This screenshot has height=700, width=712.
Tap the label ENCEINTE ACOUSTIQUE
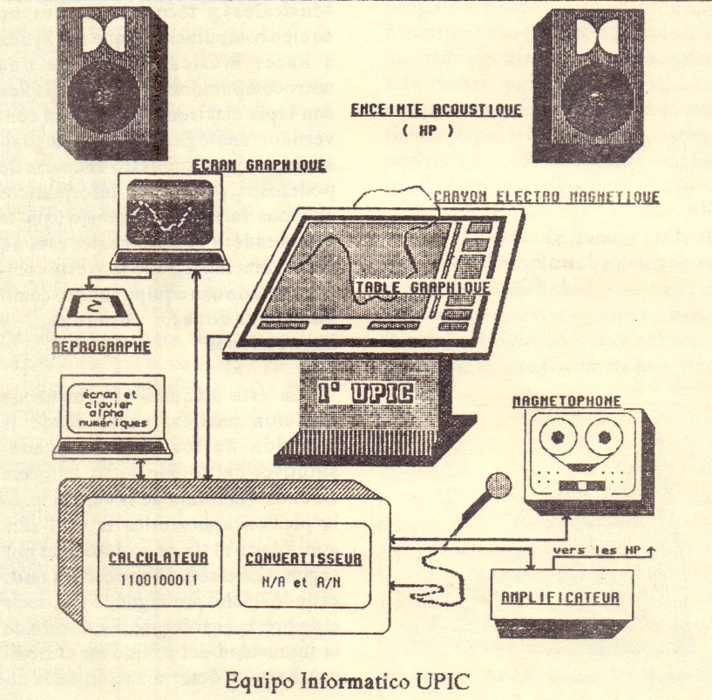[436, 110]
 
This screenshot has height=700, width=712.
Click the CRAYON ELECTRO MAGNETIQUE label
[546, 197]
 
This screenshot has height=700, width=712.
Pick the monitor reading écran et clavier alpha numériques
[111, 410]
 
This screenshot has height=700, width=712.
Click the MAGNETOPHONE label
[566, 401]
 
